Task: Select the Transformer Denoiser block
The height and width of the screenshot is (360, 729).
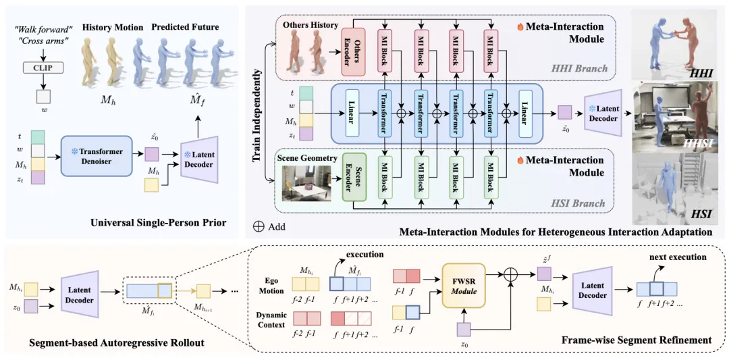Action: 96,155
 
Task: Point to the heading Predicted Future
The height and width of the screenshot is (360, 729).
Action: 185,27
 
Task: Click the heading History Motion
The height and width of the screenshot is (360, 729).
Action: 113,27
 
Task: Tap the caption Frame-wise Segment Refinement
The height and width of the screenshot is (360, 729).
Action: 636,340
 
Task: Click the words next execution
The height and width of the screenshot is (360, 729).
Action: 678,257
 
